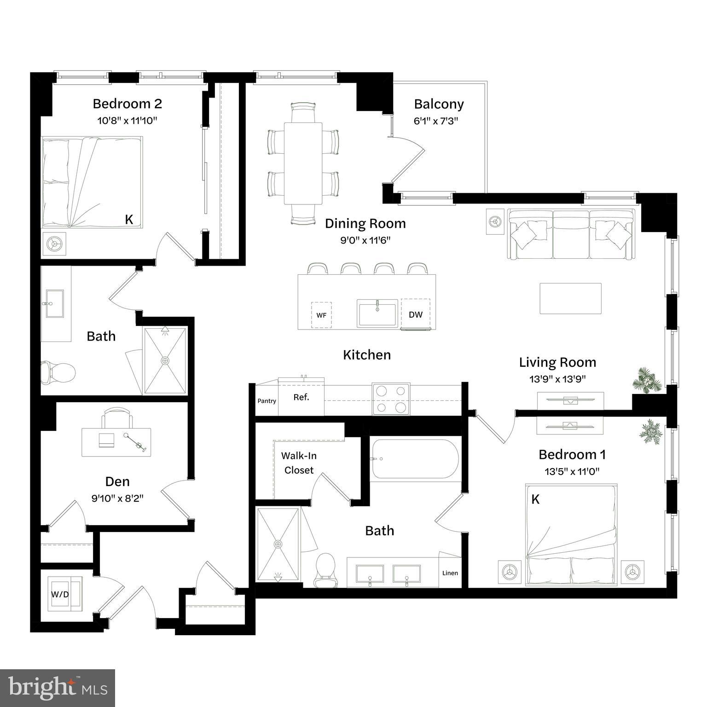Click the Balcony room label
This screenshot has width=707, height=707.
coord(439,104)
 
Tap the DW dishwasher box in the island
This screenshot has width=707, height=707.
coord(415,315)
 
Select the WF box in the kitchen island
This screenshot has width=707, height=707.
coord(321,315)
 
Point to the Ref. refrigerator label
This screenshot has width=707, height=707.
coord(301,397)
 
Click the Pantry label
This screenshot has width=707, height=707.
coord(267,401)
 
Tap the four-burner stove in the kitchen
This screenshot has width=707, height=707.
coord(391,399)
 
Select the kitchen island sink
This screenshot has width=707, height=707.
coord(377,313)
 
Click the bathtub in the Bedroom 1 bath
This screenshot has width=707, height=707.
coord(415,459)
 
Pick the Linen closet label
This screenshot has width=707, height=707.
coord(450,573)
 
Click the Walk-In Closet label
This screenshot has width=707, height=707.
coord(299,463)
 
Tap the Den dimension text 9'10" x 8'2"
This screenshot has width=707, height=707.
coord(117,498)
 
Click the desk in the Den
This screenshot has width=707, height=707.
coord(116,442)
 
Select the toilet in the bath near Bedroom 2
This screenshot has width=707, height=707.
coord(58,372)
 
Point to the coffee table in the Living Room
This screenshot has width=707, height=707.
coord(570,298)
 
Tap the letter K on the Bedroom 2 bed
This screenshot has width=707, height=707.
coord(129,220)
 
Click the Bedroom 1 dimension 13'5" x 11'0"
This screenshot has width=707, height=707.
coord(572,471)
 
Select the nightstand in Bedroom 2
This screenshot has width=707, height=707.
coord(54,243)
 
